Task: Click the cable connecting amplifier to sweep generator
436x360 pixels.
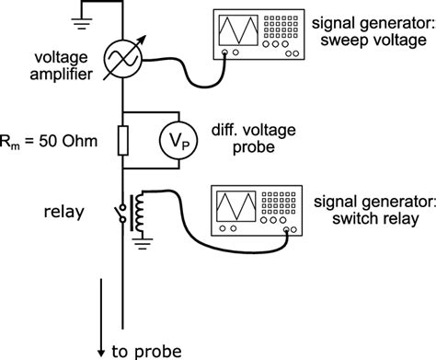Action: [184, 74]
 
